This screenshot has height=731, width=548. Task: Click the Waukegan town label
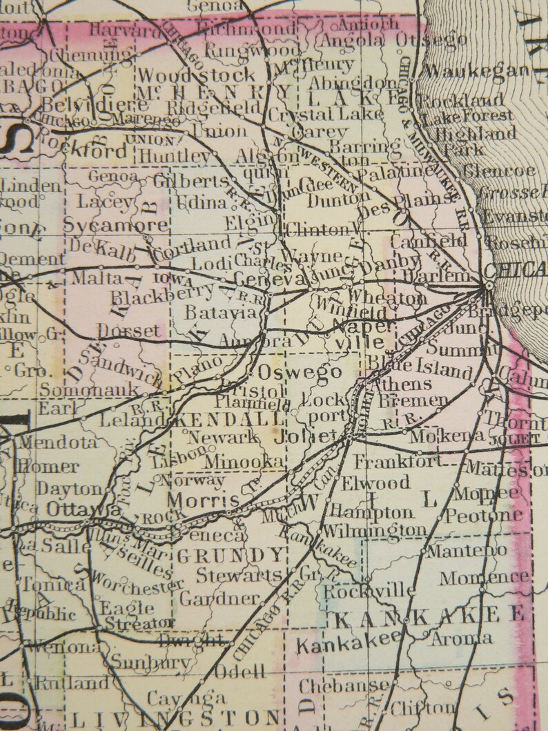[x=477, y=70]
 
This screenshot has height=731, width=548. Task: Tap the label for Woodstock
[x=197, y=75]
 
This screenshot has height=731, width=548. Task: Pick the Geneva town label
[x=269, y=279]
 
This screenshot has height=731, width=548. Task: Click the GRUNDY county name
[x=231, y=554]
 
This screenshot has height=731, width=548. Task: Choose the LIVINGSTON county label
[x=176, y=718]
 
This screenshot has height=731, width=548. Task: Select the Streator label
[x=137, y=622]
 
